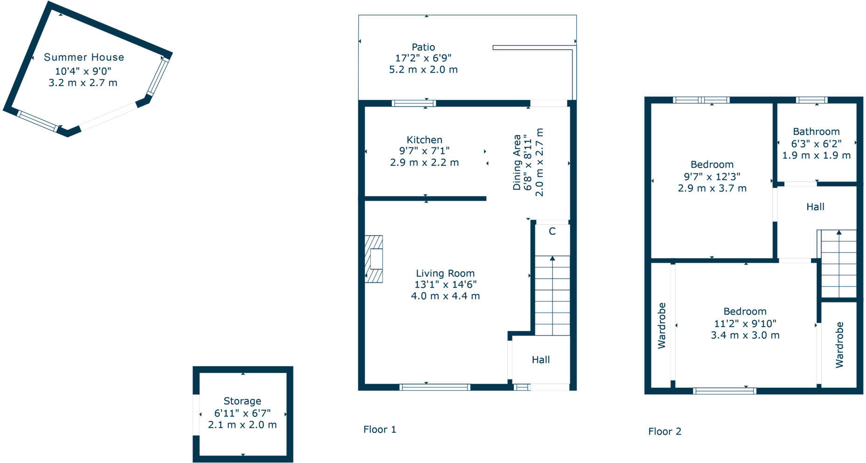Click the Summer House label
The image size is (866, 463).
point(84,57)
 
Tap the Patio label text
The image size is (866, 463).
point(423,47)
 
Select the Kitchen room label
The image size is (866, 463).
point(424,140)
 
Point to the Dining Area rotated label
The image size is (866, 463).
point(517,162)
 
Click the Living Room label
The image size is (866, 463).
point(445,274)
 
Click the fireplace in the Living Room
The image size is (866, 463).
point(374,259)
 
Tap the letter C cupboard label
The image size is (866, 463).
point(552,231)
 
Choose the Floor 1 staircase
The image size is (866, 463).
point(552,295)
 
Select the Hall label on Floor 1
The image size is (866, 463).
point(541,360)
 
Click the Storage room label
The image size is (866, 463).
point(242,401)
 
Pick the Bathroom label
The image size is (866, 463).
point(816,132)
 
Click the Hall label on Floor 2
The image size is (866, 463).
point(815,207)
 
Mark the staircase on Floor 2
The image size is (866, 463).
point(838,263)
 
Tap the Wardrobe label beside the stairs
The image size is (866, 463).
point(839,344)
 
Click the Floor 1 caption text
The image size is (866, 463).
point(380,429)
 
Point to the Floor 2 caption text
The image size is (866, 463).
point(664,431)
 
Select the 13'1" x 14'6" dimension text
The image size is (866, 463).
point(445,285)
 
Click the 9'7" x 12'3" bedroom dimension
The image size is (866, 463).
point(712,176)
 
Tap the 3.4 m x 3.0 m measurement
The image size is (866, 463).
point(745,335)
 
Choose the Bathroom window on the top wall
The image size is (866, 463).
point(811,100)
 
